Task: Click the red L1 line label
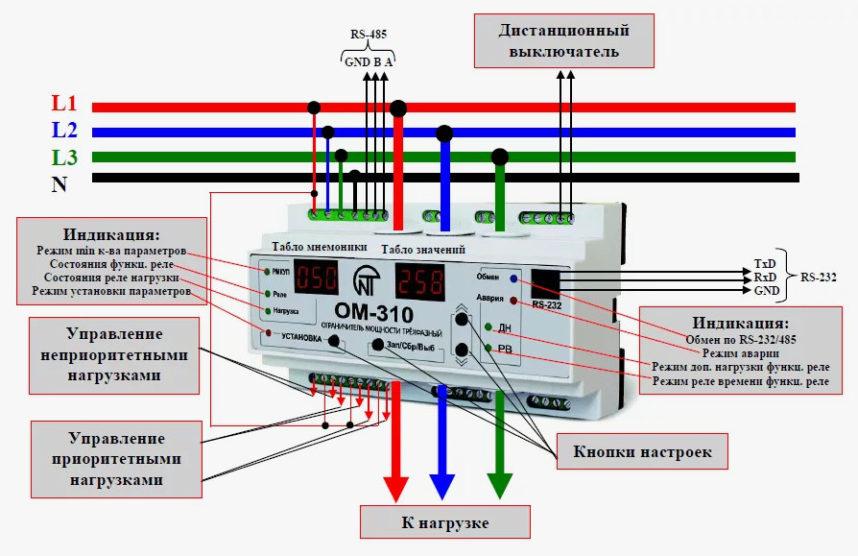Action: click(65, 105)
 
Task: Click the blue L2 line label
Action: click(65, 130)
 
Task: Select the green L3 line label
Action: click(65, 157)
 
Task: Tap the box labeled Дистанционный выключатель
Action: click(564, 40)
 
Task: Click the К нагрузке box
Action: click(444, 523)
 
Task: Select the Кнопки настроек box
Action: click(642, 451)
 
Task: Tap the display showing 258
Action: click(421, 281)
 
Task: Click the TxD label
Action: click(765, 263)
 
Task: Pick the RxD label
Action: click(765, 277)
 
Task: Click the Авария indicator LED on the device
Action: click(513, 301)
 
